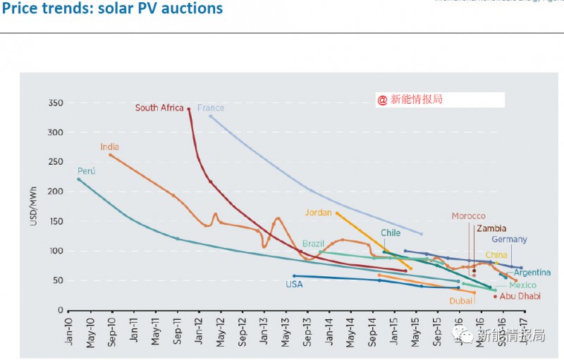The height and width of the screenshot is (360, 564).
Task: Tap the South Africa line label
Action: [159, 108]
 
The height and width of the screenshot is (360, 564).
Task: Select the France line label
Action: [211, 108]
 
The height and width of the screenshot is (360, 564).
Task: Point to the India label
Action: [109, 147]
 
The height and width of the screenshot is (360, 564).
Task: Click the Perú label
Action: [86, 171]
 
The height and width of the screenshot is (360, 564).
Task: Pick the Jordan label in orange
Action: [319, 212]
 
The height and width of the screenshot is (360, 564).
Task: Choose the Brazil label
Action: [313, 243]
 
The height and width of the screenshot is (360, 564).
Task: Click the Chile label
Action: [391, 232]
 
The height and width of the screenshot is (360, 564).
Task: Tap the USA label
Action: [294, 285]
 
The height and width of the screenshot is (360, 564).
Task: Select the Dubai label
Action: [460, 301]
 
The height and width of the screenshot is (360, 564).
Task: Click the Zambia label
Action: [491, 228]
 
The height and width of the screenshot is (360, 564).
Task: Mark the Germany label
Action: [509, 240]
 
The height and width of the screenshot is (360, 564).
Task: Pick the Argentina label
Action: [532, 273]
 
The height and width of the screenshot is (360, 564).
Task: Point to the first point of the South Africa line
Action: [189, 108]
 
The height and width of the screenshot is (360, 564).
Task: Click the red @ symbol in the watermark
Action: [382, 100]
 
